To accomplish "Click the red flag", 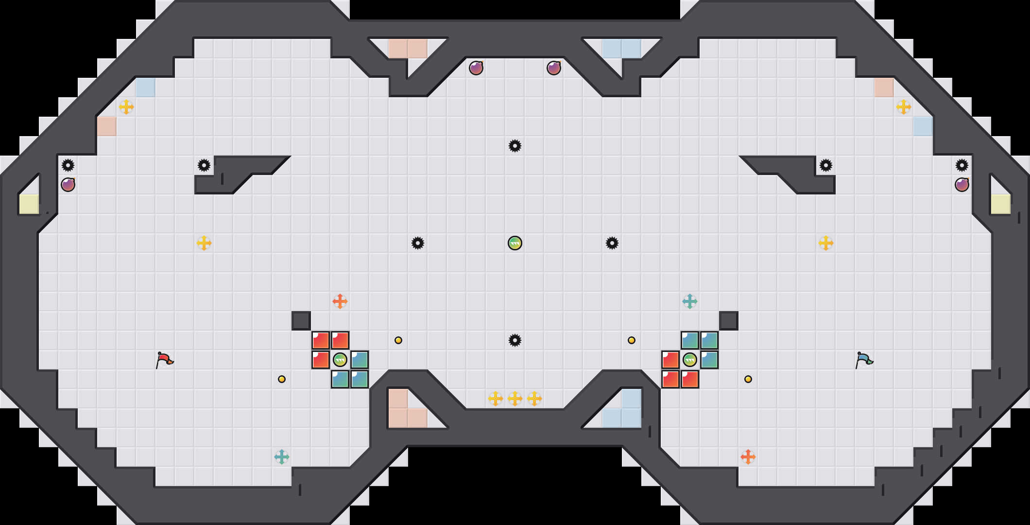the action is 164,360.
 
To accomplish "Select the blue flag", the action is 864,360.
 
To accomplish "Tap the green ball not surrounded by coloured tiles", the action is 515,243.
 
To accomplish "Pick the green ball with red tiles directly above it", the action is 340,360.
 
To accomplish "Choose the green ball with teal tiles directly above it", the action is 690,360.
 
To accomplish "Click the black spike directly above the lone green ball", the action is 515,146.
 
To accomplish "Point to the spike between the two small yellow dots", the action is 515,340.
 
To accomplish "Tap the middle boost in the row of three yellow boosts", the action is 515,399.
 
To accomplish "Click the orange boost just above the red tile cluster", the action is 340,301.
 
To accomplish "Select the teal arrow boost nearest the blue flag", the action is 690,301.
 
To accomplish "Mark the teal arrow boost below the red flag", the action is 282,457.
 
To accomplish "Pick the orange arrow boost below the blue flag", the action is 748,457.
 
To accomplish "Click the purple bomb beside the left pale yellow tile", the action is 68,185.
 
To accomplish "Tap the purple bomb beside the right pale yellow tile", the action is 962,185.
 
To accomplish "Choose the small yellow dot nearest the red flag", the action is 282,379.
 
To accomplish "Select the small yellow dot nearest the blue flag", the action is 748,379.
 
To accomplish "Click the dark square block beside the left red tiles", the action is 301,321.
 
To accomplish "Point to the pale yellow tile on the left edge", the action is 29,204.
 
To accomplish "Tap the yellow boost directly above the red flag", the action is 204,243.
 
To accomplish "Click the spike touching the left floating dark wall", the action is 204,165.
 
